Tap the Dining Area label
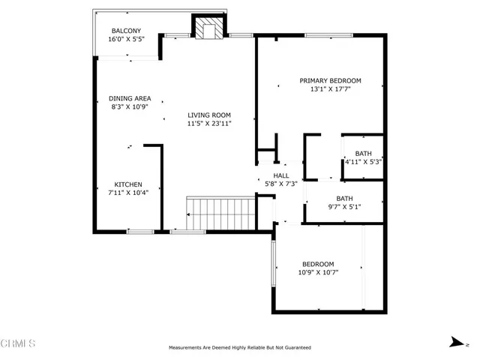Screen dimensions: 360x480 pos(130,98)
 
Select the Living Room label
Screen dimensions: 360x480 pos(209,115)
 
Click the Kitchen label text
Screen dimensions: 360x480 pos(127,184)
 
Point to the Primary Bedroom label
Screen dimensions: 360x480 pos(330,81)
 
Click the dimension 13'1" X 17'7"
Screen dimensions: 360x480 pos(330,89)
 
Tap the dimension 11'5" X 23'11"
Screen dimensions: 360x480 pos(209,123)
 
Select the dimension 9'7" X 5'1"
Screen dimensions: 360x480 pos(344,208)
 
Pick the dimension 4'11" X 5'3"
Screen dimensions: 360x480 pos(363,161)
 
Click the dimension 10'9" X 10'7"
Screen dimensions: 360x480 pos(318,272)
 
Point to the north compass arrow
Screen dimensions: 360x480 pos(454,342)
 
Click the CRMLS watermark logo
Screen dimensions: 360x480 pos(18,344)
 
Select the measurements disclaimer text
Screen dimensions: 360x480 pos(239,348)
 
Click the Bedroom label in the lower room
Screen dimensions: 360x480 pos(318,264)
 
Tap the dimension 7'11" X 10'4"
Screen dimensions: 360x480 pos(127,193)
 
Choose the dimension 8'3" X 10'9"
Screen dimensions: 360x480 pos(130,106)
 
